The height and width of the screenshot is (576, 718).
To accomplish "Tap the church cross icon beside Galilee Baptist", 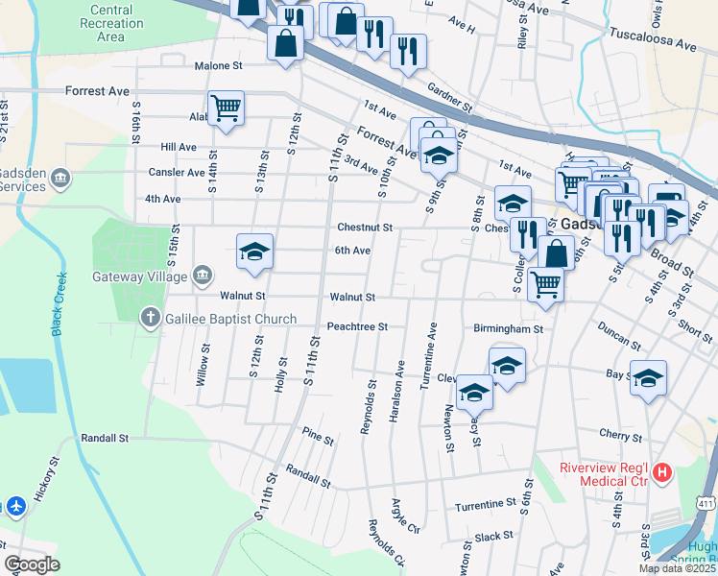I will pos(149,317).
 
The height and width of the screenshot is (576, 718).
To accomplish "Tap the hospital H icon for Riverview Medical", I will pos(663,472).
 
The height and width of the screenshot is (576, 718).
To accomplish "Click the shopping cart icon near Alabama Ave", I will pos(226,108).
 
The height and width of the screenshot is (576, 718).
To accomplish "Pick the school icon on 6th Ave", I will pos(254,252).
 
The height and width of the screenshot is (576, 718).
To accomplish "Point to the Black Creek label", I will pos(59,304).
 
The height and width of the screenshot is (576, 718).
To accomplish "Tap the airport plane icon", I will pos(15,505).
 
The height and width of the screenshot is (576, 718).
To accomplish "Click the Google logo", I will pos(32,564).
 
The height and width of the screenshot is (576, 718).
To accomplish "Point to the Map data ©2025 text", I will pos(677,568).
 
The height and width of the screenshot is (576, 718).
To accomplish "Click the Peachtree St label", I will pos(357,326).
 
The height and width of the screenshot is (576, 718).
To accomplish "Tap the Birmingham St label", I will pos(508,327).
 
